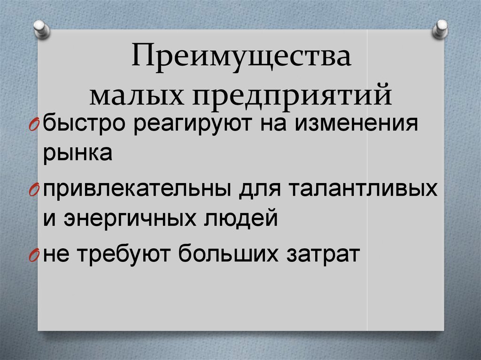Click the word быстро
(85, 125)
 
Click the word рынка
(78, 154)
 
